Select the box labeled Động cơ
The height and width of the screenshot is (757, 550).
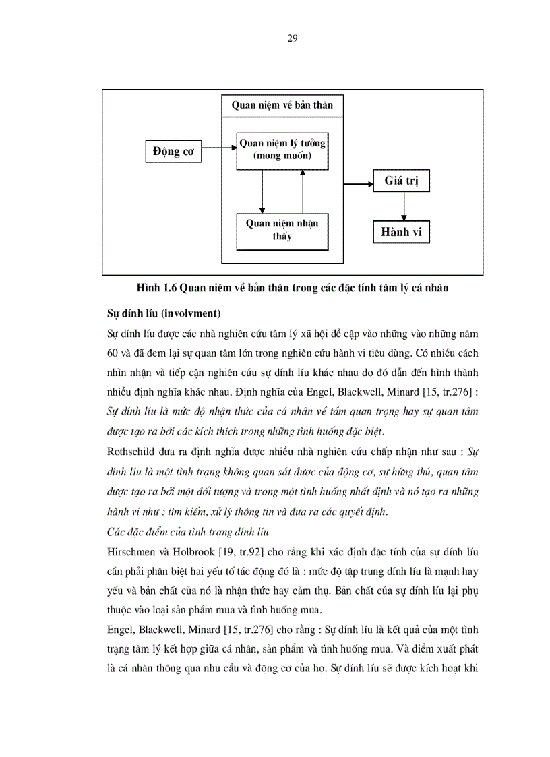(173, 152)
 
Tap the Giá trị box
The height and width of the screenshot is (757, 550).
(402, 181)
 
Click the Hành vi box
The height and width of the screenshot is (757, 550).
(401, 232)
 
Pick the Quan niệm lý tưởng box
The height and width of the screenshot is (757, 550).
(282, 150)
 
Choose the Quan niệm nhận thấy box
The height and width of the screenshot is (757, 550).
(282, 231)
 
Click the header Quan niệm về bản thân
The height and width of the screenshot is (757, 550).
(282, 105)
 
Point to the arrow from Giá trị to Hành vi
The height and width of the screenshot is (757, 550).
(403, 206)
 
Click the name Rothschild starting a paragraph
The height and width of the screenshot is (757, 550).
(132, 449)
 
